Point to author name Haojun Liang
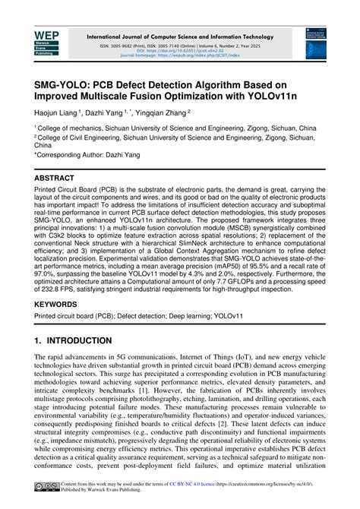point(58,111)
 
